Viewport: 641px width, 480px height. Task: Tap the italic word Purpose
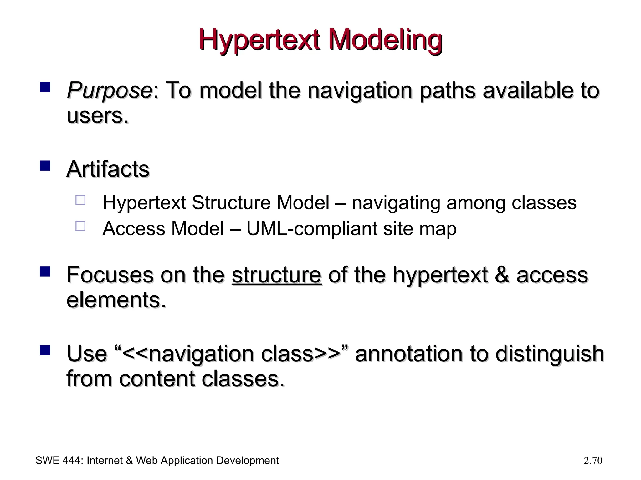(110, 90)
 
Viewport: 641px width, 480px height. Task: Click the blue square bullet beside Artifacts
(45, 165)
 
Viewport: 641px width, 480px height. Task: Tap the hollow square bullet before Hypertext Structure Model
(80, 200)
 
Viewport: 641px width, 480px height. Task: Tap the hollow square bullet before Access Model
(80, 226)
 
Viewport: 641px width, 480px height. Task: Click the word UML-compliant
(311, 229)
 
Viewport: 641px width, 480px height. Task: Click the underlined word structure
(276, 275)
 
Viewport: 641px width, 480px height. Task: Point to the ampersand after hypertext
(502, 275)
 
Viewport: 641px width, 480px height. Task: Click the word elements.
(116, 300)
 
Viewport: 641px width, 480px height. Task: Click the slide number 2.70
(593, 461)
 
